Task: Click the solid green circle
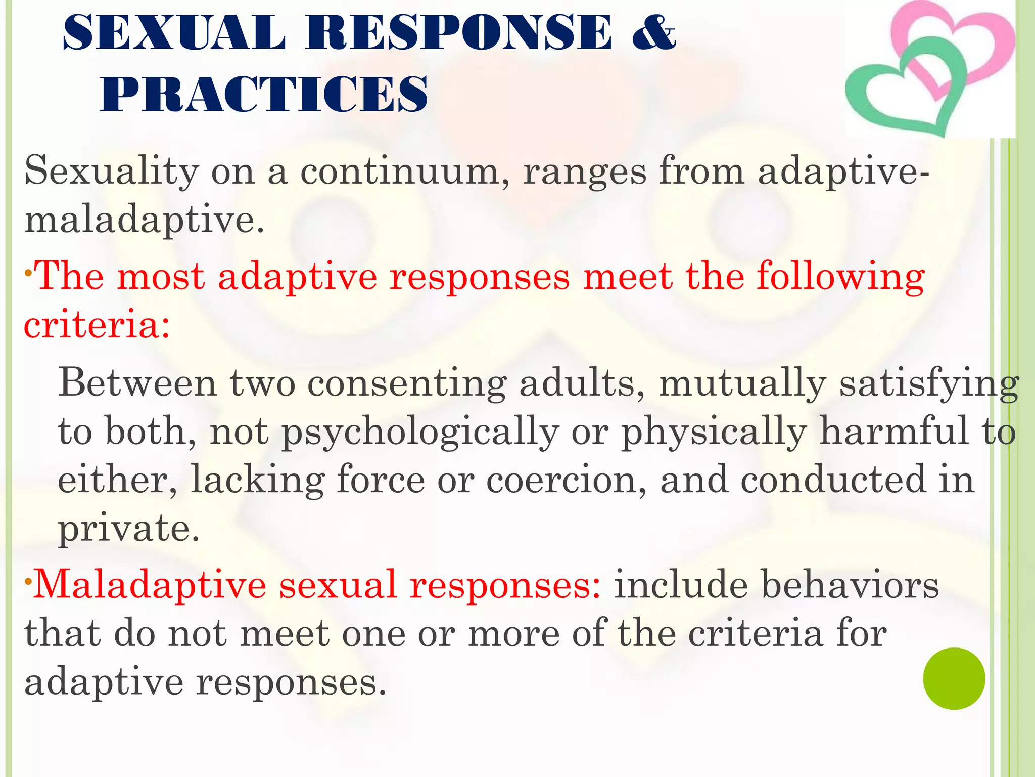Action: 954,678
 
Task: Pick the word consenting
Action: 407,383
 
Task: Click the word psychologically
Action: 419,433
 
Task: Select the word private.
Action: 128,528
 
